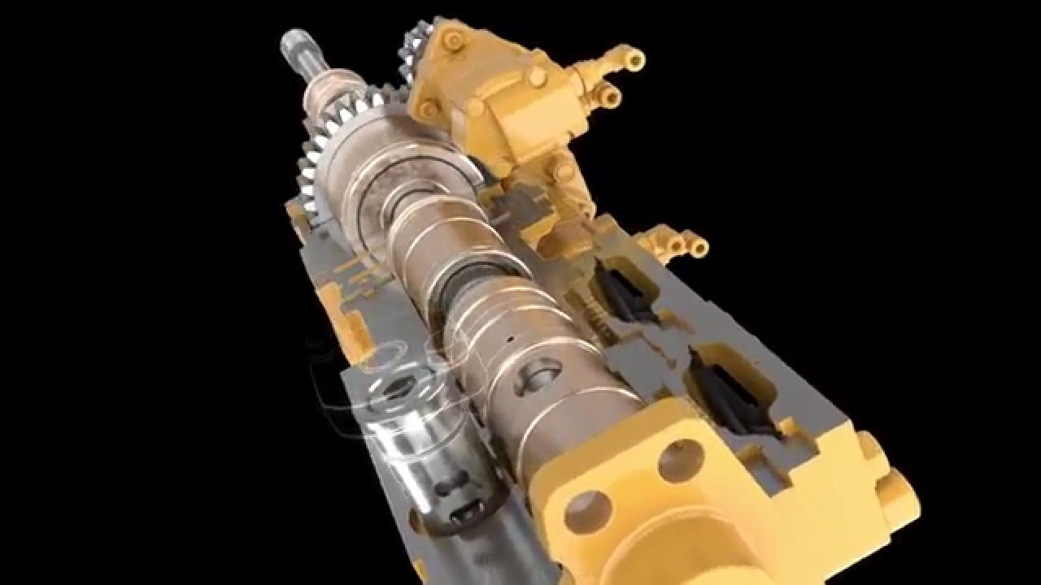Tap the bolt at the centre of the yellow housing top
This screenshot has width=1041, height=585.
(537, 76)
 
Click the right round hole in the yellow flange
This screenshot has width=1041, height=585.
(680, 460)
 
